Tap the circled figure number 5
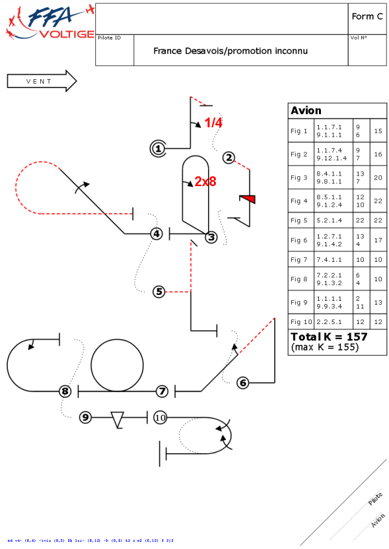click(x=159, y=292)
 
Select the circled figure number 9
click(x=85, y=417)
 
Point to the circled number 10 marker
click(x=161, y=417)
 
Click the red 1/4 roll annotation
click(x=213, y=123)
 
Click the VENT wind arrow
click(x=41, y=81)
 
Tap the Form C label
click(x=367, y=17)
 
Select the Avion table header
click(x=306, y=111)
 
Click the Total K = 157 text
click(x=329, y=337)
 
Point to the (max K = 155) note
click(x=325, y=347)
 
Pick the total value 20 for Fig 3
click(x=378, y=178)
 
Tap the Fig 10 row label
click(x=301, y=321)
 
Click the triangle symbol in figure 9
click(x=117, y=419)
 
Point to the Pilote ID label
click(x=109, y=38)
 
